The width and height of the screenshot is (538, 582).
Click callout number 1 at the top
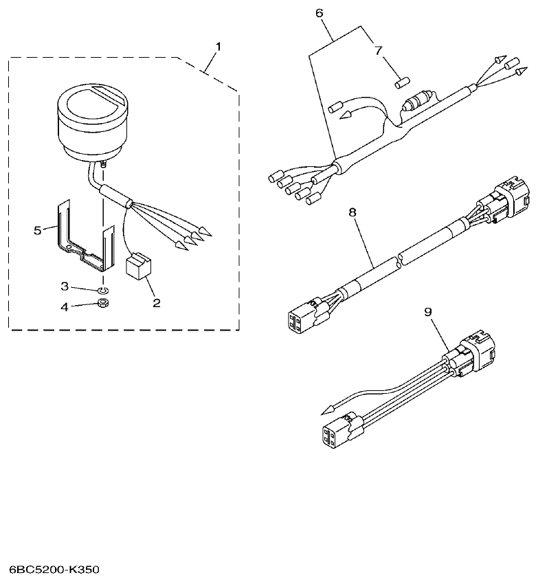pos(218,47)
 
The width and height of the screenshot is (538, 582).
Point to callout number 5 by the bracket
pos(38,229)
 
